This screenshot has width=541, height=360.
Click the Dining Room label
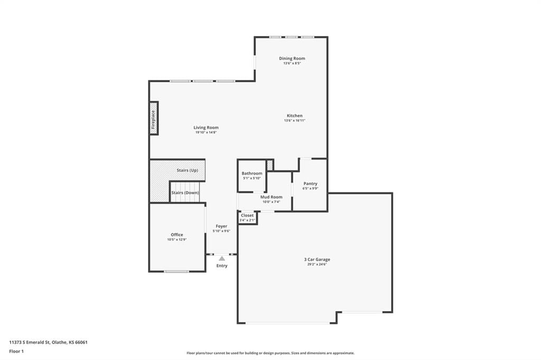point(292,58)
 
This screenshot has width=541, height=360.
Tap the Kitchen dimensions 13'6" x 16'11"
point(295,121)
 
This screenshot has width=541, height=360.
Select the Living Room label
point(206,128)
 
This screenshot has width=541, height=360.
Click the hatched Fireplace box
point(154,118)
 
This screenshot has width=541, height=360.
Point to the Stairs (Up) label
point(188,170)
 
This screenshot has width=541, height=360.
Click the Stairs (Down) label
point(185,193)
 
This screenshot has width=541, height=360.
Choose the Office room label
point(177,235)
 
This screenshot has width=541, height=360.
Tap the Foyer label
point(221,226)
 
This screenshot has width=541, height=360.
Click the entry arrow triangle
point(222,258)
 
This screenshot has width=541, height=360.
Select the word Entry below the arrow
point(222,266)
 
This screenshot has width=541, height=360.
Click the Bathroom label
point(252,174)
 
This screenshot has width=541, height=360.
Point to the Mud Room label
point(271,197)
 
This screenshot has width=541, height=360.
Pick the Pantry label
point(310,184)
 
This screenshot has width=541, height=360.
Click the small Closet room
point(247,217)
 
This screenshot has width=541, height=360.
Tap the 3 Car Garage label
point(317,259)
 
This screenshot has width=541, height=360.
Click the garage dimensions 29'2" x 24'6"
point(317,264)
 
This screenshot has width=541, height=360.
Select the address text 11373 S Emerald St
point(30,343)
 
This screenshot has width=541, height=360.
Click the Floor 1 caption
point(16,352)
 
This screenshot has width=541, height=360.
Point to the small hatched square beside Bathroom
point(270,165)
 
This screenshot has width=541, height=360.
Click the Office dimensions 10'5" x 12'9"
point(177,240)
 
